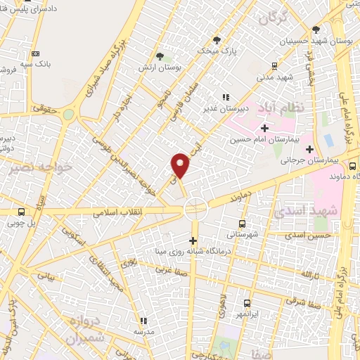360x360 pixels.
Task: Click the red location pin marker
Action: tap(181, 164)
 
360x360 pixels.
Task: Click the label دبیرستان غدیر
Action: tap(223, 108)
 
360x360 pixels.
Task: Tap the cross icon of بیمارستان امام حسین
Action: tap(264, 128)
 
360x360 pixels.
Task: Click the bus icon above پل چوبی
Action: tap(21, 212)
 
